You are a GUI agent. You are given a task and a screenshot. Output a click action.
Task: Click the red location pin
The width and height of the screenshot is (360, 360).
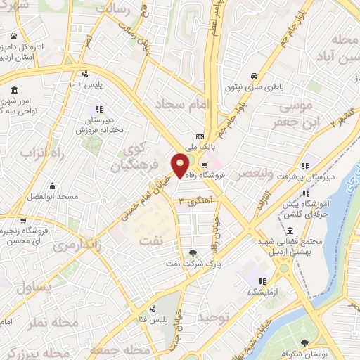[180, 165]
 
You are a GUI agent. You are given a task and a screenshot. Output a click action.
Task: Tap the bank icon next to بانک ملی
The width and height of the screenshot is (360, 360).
[200, 136]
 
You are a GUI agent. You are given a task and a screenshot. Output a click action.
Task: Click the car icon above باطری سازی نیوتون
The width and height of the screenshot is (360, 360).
[254, 77]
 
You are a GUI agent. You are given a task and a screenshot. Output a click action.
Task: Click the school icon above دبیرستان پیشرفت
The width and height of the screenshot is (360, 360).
[305, 167]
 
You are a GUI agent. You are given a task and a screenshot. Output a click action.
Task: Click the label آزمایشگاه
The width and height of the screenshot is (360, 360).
[262, 291]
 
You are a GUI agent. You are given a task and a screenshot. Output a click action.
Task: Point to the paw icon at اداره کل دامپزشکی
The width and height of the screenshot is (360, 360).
[15, 36]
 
